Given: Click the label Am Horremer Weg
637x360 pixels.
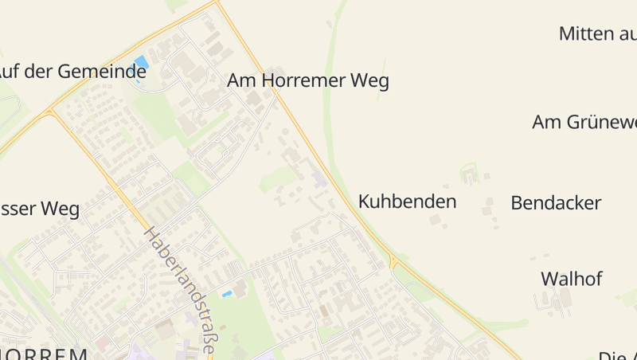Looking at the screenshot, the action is click(x=307, y=81).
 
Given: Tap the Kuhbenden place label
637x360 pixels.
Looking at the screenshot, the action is click(x=407, y=202).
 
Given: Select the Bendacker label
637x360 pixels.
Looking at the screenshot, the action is click(x=556, y=202).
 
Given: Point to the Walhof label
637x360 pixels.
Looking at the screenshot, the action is click(x=571, y=279).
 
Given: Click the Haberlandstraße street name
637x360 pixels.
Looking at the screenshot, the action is click(x=181, y=290).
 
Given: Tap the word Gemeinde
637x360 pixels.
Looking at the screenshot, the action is click(x=100, y=71).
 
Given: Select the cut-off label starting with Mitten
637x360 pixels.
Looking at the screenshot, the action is click(x=597, y=33).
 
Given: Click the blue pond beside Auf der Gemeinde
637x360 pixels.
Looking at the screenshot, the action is click(x=142, y=63).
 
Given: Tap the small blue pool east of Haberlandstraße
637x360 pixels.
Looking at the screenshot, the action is click(x=228, y=294).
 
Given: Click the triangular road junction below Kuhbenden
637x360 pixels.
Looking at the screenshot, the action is click(x=393, y=261).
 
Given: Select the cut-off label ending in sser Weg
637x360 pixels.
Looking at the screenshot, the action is click(x=40, y=209).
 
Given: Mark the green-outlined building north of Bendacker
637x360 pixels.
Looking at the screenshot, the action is click(x=470, y=173).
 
